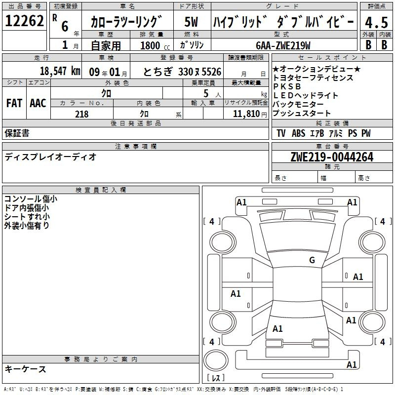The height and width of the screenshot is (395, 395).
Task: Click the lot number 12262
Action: pos(24,21)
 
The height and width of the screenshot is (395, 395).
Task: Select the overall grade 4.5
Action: pos(377,22)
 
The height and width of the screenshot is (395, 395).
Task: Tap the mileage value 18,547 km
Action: pos(60,71)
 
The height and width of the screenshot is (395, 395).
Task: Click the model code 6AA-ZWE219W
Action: pos(283,45)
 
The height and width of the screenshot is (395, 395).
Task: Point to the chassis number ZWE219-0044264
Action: pos(332,157)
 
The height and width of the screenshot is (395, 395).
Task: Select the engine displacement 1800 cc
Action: pos(155,45)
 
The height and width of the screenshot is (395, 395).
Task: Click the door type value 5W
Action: pos(191,22)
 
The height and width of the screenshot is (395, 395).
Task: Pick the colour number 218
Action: pos(82,114)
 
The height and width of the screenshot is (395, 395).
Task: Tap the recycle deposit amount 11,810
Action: pos(246,114)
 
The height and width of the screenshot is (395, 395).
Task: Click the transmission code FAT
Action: pos(14,103)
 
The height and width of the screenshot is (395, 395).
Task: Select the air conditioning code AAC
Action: pos(38,103)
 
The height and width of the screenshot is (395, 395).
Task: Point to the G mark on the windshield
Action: pos(312,260)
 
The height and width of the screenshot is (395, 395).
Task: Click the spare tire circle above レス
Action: pos(216,360)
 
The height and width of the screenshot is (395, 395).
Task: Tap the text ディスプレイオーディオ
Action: pos(50,157)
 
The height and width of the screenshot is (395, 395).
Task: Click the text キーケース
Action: pos(26,369)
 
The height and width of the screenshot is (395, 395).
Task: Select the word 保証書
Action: pos(17,133)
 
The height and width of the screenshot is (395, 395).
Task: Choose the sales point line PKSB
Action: pos(287,86)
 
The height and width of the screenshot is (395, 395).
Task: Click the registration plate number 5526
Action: pos(211,72)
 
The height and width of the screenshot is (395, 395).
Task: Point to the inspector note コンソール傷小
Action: pos(31,199)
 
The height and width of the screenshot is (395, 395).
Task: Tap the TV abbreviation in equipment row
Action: pos(281,133)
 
